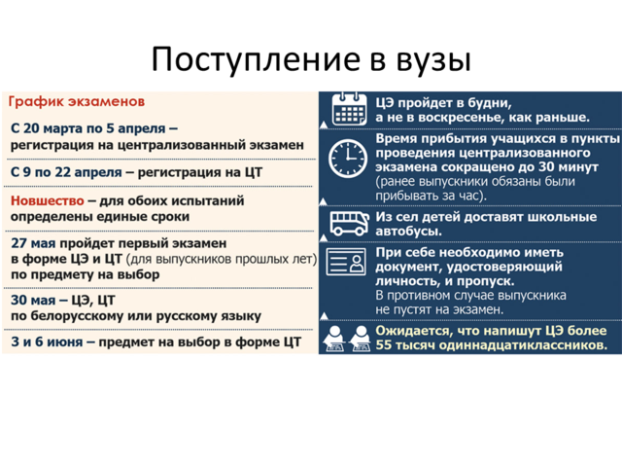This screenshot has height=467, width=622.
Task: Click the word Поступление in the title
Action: pyautogui.click(x=256, y=59)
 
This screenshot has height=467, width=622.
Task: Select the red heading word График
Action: pyautogui.click(x=36, y=101)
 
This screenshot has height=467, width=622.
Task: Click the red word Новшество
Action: pyautogui.click(x=48, y=200)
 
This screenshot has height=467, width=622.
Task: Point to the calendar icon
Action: pyautogui.click(x=348, y=109)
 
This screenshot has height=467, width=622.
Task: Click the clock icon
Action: pyautogui.click(x=348, y=158)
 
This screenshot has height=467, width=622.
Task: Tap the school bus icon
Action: pyautogui.click(x=349, y=224)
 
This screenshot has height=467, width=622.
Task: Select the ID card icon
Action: pyautogui.click(x=346, y=262)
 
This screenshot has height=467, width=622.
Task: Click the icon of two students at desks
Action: pyautogui.click(x=347, y=339)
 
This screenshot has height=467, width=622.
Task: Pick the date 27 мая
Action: pyautogui.click(x=33, y=243)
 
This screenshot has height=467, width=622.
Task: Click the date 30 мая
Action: pyautogui.click(x=33, y=301)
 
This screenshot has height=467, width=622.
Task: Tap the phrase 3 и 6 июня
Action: pyautogui.click(x=47, y=341)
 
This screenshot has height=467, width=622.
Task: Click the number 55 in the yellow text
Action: pyautogui.click(x=384, y=344)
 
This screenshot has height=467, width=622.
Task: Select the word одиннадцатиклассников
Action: pyautogui.click(x=523, y=345)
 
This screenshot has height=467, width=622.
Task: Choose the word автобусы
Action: pyautogui.click(x=408, y=232)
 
